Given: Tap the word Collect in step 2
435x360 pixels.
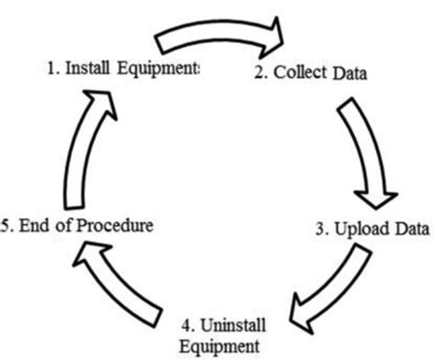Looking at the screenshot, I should click(297, 74).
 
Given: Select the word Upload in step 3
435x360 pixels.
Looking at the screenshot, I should click(359, 231).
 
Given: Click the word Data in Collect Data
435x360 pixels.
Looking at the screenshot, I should click(349, 74).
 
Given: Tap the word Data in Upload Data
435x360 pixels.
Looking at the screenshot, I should click(409, 231).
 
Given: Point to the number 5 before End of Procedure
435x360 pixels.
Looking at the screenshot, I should click(5, 224).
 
